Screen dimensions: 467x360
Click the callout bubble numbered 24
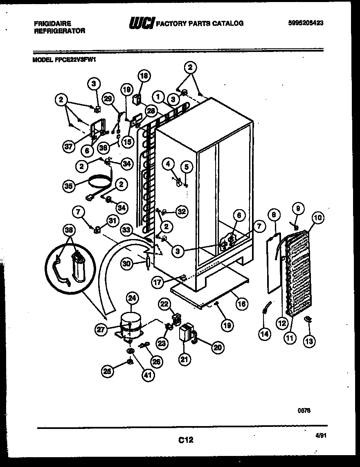[x=132, y=298]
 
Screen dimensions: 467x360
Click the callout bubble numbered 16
[x=242, y=303]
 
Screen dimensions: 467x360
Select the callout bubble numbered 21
[x=185, y=359]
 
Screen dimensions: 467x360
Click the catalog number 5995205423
[x=306, y=23]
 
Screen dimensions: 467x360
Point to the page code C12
[x=185, y=440]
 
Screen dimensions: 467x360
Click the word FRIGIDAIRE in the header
[x=52, y=24]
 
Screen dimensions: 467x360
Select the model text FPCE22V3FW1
[x=77, y=59]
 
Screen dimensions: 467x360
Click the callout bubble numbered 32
[x=181, y=211]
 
